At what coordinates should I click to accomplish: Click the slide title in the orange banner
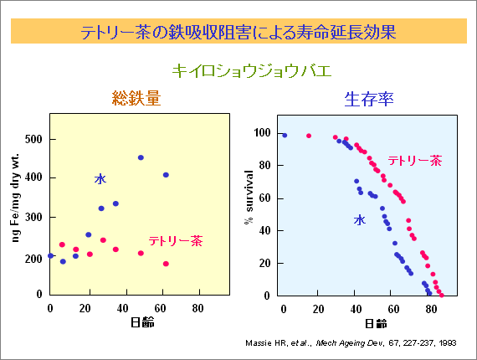(238, 32)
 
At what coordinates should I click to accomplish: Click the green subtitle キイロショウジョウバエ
(252, 71)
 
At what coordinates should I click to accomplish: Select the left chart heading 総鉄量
(136, 98)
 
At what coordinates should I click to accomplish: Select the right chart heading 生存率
(369, 99)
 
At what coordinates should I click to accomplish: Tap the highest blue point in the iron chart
(141, 157)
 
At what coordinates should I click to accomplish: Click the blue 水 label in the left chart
(100, 179)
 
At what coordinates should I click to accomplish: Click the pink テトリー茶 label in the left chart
(176, 241)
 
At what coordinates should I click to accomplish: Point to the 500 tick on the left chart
(33, 139)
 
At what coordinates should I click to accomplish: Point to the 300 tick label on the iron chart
(33, 218)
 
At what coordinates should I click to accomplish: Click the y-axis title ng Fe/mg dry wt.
(15, 198)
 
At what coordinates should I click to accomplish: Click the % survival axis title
(249, 197)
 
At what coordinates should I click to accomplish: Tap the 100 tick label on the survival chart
(262, 132)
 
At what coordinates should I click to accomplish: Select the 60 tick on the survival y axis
(264, 198)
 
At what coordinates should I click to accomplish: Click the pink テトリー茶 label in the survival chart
(415, 161)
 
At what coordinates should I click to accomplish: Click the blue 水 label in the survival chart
(360, 219)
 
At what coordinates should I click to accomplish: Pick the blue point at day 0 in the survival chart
(285, 136)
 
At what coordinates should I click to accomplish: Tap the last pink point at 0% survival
(442, 296)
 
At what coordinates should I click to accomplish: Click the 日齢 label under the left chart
(142, 322)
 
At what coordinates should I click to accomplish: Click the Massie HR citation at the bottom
(351, 343)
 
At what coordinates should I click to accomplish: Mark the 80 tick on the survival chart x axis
(431, 309)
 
